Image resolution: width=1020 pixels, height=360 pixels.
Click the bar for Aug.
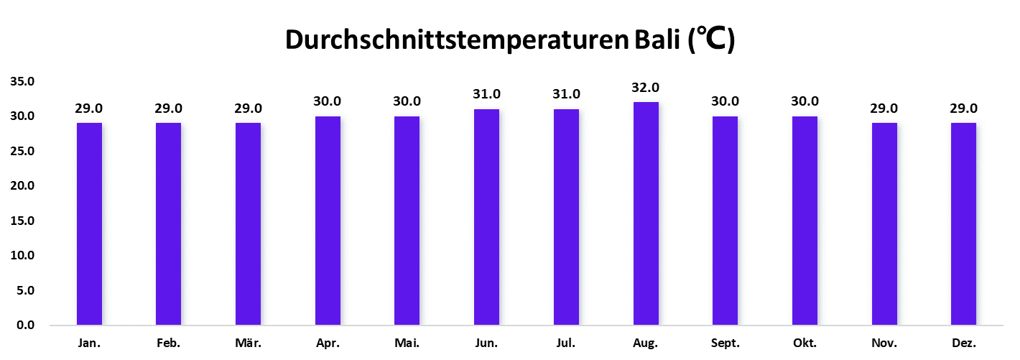pyautogui.click(x=645, y=213)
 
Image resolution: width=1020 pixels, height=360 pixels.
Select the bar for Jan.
pyautogui.click(x=89, y=223)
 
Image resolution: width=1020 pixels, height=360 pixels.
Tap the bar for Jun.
pyautogui.click(x=486, y=217)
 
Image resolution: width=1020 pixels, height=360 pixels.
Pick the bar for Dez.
pyautogui.click(x=963, y=223)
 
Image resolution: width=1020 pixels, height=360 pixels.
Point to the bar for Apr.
pyautogui.click(x=328, y=221)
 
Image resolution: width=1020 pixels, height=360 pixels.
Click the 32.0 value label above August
pyautogui.click(x=645, y=88)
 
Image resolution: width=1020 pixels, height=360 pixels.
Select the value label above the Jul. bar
pyautogui.click(x=566, y=94)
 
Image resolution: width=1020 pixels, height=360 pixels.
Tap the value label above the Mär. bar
pyautogui.click(x=248, y=109)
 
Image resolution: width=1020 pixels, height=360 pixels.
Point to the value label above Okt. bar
pyautogui.click(x=805, y=101)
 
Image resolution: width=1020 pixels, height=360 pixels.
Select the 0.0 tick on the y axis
pyautogui.click(x=26, y=326)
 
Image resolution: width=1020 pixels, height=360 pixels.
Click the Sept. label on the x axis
pyautogui.click(x=725, y=343)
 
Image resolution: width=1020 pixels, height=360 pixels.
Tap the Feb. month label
pyautogui.click(x=168, y=343)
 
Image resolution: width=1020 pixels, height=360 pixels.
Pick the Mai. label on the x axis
pyautogui.click(x=407, y=343)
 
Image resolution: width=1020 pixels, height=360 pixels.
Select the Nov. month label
pyautogui.click(x=884, y=343)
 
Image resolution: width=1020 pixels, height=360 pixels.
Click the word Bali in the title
pyautogui.click(x=657, y=41)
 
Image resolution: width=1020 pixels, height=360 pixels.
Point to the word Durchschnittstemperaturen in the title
pyautogui.click(x=457, y=41)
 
